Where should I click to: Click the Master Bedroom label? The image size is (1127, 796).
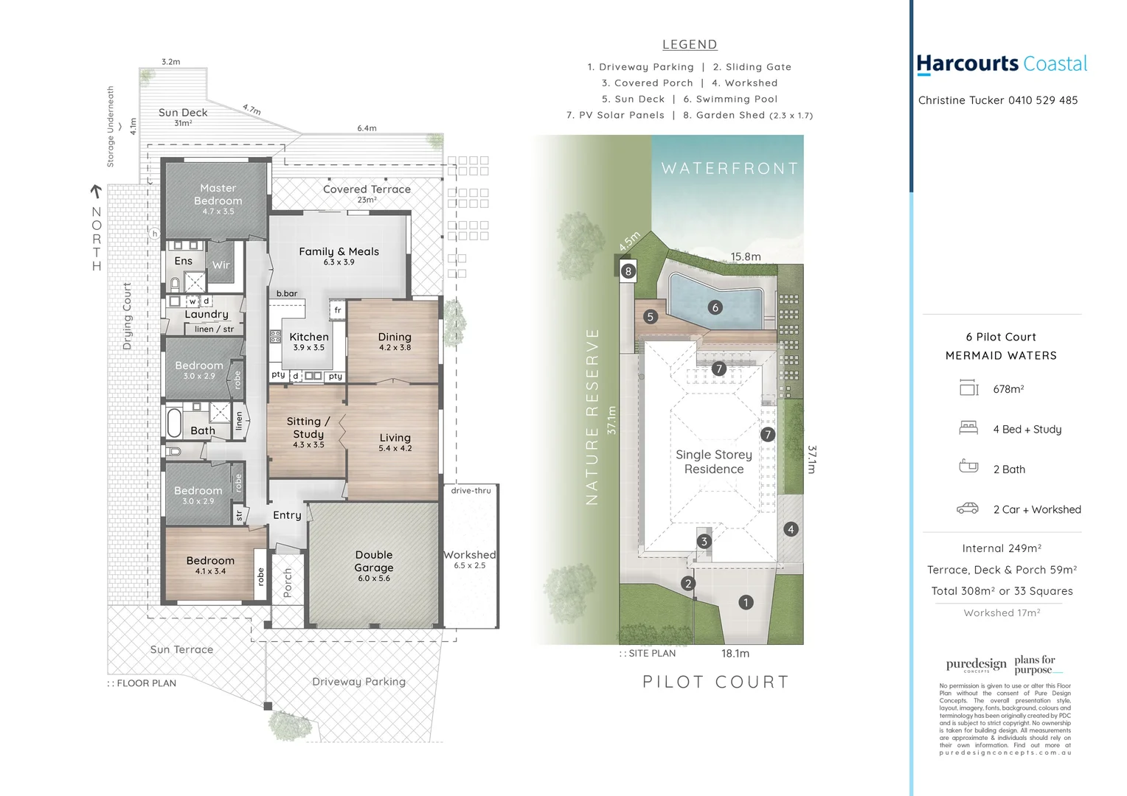tap(218, 195)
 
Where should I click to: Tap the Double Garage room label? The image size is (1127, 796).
tap(374, 562)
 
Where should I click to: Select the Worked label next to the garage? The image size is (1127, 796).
tap(470, 555)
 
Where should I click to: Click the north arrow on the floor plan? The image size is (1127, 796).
tap(95, 192)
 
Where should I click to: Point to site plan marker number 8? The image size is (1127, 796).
tap(628, 270)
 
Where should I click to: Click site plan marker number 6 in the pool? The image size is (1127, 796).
tap(714, 307)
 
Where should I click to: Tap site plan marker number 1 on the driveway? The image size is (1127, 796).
tap(746, 602)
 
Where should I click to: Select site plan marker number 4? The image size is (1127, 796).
tap(791, 529)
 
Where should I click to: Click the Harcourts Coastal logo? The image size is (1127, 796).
tap(1001, 65)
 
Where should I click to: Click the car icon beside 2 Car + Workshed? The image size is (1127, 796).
tap(967, 509)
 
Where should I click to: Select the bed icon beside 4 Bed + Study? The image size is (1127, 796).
tap(968, 428)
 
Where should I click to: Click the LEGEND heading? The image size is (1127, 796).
tap(689, 45)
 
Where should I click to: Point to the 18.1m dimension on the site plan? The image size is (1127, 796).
tap(735, 654)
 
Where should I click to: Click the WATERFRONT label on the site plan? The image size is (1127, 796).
tap(729, 169)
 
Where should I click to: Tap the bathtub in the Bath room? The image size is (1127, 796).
tap(175, 423)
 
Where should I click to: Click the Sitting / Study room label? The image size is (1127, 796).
tap(308, 427)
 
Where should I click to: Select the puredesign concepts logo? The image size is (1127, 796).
tap(976, 665)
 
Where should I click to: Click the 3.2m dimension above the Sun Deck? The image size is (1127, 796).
tap(170, 62)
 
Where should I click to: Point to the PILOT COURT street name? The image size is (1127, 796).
tap(715, 682)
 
